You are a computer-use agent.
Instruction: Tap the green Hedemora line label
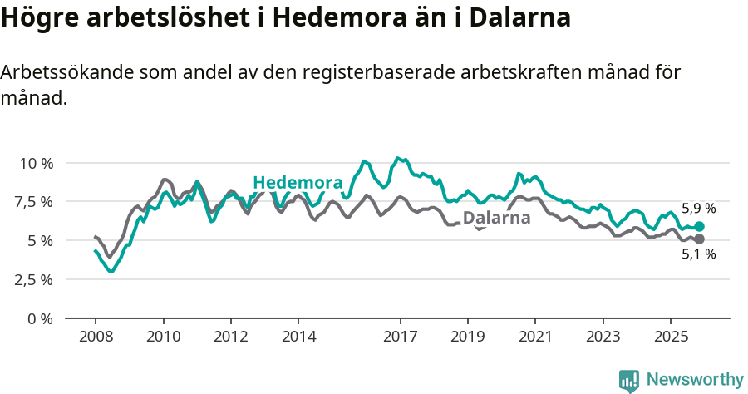[x=298, y=183]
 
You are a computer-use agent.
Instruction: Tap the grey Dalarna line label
[x=496, y=219]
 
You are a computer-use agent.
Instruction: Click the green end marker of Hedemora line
[x=700, y=226]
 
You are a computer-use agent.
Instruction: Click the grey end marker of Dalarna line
[x=700, y=239]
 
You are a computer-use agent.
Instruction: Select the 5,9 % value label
[x=698, y=209]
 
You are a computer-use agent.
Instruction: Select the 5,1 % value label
[x=698, y=255]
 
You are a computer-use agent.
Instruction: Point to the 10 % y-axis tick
[x=36, y=163]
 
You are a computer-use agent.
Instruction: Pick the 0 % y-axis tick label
[x=41, y=318]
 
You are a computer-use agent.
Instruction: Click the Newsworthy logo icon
[x=629, y=381]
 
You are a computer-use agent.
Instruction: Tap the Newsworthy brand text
[x=695, y=380]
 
